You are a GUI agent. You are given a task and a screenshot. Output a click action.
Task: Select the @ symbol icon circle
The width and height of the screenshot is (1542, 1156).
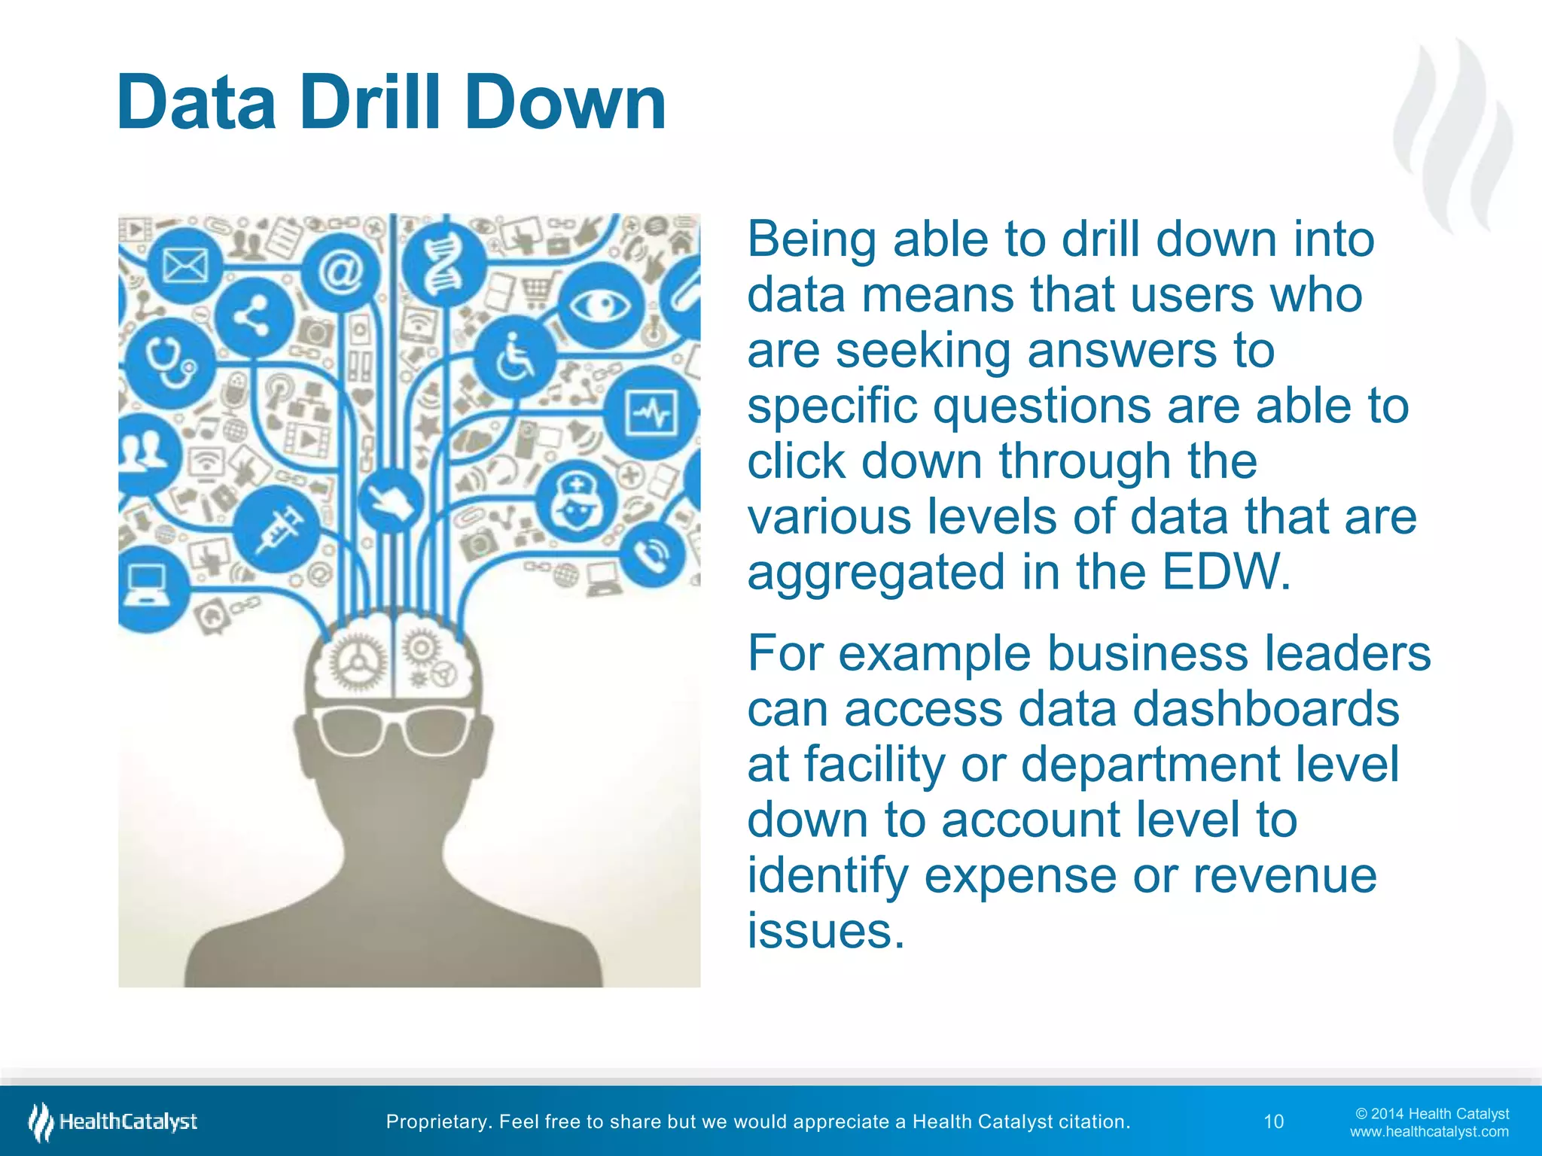click(340, 272)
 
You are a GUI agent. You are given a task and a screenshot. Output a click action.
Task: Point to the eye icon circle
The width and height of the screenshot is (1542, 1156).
click(599, 305)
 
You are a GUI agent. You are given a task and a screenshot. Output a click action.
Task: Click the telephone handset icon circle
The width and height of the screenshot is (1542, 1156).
click(652, 555)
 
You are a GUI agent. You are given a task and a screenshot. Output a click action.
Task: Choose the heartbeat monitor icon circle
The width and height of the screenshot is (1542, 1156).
click(652, 413)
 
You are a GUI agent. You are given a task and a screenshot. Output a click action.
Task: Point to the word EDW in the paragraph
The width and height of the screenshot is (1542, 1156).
click(1226, 572)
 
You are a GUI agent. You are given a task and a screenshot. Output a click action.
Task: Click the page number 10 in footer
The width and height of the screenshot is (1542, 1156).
click(1273, 1121)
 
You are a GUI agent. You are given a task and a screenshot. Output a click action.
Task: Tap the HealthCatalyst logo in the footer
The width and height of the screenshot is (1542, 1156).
click(113, 1121)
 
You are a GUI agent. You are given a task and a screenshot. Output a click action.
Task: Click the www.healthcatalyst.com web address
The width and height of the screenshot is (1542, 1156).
click(1428, 1132)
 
